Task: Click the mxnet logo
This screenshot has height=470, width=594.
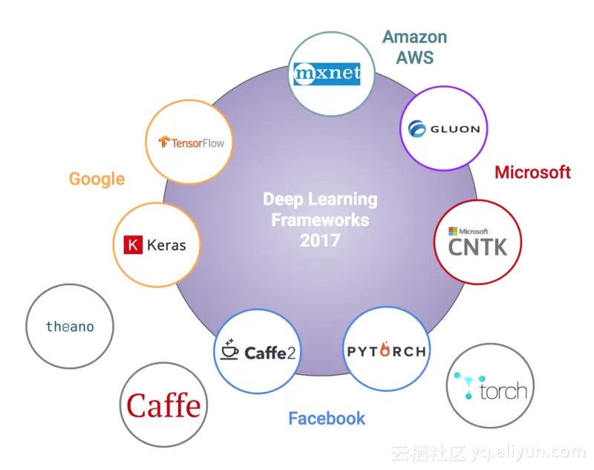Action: click(x=327, y=74)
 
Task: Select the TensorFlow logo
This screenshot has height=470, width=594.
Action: click(x=191, y=142)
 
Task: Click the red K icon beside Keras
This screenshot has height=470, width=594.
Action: click(x=133, y=244)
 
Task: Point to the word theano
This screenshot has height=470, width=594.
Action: click(x=70, y=327)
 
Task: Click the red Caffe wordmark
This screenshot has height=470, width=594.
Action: click(x=163, y=405)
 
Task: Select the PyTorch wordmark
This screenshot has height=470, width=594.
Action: click(x=387, y=350)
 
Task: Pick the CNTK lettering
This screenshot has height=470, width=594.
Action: click(x=477, y=247)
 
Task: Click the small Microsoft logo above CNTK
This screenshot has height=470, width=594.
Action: click(x=452, y=231)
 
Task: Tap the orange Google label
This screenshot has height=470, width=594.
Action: click(x=97, y=179)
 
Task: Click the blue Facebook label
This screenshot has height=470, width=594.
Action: click(x=327, y=419)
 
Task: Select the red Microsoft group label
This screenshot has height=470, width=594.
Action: click(x=532, y=173)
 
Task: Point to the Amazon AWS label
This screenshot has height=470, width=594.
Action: click(x=415, y=46)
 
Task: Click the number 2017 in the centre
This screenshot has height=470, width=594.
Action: click(x=320, y=241)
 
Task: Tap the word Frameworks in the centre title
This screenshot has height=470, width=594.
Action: click(x=320, y=221)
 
